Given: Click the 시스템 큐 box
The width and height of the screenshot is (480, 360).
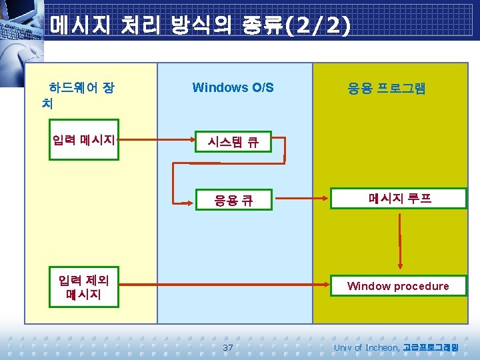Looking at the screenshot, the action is click(233, 142).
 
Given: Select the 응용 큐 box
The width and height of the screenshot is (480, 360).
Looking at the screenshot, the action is click(233, 199).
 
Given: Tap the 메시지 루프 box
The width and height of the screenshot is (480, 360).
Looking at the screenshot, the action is click(399, 199).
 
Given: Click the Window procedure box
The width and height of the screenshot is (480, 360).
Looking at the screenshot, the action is click(398, 286).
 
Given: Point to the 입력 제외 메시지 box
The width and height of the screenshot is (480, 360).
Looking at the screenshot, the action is click(84, 286).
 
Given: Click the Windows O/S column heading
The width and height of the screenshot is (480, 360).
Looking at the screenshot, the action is click(233, 87).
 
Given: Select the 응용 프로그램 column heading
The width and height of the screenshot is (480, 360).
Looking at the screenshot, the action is click(387, 88).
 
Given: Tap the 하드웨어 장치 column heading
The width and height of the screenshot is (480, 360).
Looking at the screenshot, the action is click(77, 95).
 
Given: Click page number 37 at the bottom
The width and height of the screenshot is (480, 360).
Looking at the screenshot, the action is click(228, 347).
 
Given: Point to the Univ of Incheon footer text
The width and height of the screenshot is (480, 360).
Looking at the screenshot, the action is click(367, 347).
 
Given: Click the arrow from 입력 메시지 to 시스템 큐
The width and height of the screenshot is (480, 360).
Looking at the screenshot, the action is click(157, 141).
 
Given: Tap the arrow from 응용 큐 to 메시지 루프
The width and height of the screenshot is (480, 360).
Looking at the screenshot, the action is click(301, 198).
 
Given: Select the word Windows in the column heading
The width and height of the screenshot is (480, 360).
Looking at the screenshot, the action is click(216, 87).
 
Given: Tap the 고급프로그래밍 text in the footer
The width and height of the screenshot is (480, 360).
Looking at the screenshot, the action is click(431, 347).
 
